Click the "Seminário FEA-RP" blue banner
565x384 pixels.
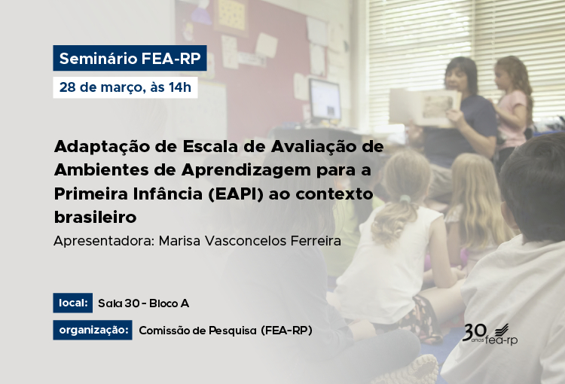(x=130, y=58)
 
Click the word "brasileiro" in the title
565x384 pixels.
(x=96, y=217)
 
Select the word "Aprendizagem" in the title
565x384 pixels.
(x=246, y=171)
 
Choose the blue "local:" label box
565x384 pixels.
(x=73, y=303)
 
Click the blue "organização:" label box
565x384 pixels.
(x=93, y=330)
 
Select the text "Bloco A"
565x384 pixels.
(x=169, y=303)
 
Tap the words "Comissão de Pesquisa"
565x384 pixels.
(x=197, y=331)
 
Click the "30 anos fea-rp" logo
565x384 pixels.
(x=490, y=334)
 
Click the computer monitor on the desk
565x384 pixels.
(x=325, y=99)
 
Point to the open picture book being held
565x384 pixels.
(x=425, y=107)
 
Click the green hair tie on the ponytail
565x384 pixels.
(x=405, y=199)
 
